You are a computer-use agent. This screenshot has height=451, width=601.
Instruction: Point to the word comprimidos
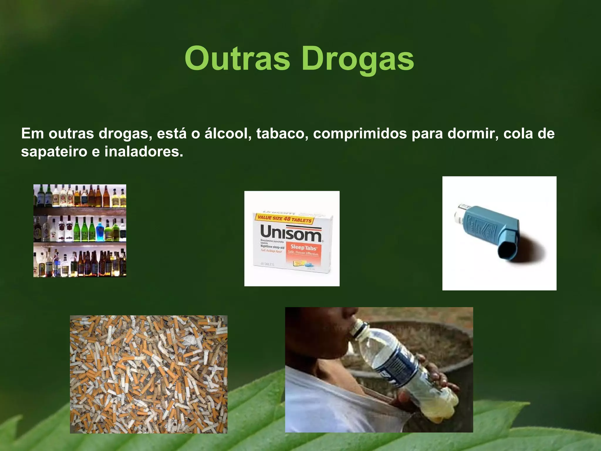360,134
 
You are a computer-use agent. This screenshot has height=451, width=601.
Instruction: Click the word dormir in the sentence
473,134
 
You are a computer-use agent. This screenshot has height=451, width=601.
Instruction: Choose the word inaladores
144,152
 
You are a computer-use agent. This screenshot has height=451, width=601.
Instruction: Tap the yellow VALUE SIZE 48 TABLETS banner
284,219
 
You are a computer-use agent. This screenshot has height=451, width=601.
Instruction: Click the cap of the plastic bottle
358,326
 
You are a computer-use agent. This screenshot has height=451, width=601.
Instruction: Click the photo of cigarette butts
148,374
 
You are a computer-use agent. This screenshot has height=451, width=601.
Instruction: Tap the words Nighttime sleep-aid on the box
272,247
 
